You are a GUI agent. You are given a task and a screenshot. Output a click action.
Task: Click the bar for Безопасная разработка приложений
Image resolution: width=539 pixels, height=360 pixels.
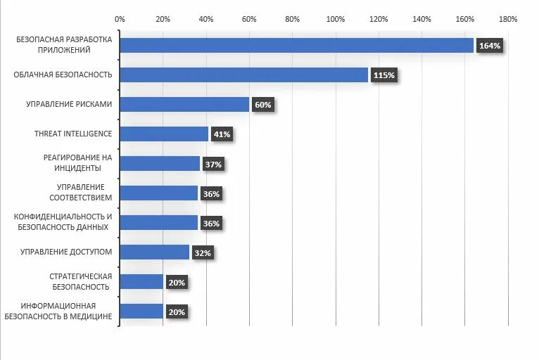[x=296, y=45]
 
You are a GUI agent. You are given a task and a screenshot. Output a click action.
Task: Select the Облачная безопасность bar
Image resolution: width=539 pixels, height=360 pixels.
[x=243, y=75]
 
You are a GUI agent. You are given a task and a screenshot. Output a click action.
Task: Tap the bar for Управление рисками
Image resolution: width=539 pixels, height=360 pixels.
[x=184, y=104]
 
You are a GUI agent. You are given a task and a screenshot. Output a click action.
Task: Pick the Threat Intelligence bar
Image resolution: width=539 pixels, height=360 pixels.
[x=164, y=134]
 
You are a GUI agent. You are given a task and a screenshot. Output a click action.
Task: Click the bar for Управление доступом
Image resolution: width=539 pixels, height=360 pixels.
[x=154, y=252]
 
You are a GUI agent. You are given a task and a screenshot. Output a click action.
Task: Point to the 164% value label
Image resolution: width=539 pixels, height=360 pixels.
[x=489, y=46]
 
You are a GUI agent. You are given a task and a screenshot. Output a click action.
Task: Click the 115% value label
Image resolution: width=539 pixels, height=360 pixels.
[x=384, y=75]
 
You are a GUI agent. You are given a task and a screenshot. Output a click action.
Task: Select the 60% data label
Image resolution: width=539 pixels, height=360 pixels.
[x=262, y=105]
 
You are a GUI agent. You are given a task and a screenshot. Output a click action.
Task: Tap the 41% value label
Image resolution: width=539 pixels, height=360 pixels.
[x=222, y=134]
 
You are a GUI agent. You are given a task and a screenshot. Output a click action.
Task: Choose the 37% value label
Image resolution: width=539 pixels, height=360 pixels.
[x=213, y=165]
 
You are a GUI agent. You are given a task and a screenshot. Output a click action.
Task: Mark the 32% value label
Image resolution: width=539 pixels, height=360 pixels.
[x=203, y=253]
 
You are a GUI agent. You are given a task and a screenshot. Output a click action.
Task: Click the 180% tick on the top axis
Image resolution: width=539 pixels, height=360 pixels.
[x=508, y=19]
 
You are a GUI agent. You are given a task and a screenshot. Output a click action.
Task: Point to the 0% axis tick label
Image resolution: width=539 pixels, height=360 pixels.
[x=120, y=19]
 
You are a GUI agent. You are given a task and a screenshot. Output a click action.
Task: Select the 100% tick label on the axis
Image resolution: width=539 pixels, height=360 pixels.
[x=336, y=19]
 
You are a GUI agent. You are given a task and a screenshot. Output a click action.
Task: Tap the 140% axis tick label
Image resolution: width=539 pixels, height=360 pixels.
[x=421, y=19]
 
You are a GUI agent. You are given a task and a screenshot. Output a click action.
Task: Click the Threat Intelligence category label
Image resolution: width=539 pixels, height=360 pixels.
[x=73, y=134]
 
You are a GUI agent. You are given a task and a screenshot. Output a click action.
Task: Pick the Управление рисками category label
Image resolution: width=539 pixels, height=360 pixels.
[x=69, y=104]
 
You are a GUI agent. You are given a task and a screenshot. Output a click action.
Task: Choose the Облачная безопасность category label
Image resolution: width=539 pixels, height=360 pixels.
[x=63, y=75]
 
